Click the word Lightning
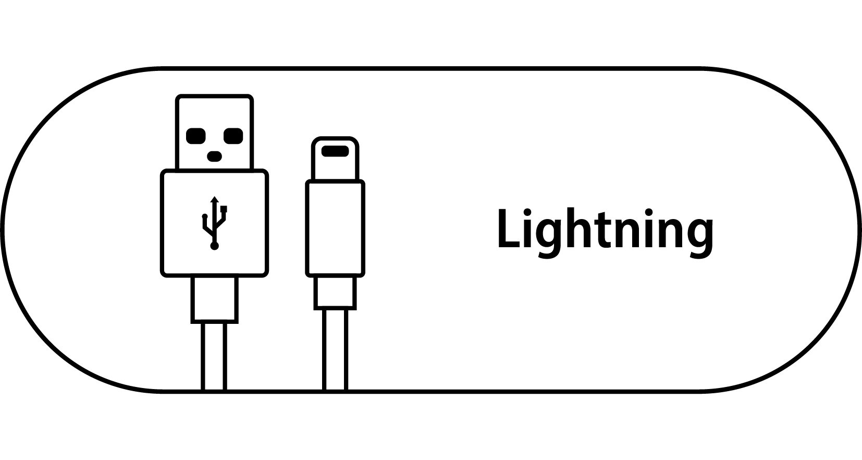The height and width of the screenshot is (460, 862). pyautogui.click(x=605, y=229)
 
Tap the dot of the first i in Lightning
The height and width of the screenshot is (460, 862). pyautogui.click(x=527, y=212)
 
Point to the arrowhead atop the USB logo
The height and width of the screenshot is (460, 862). pyautogui.click(x=214, y=199)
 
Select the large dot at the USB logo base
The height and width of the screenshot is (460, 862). pyautogui.click(x=214, y=246)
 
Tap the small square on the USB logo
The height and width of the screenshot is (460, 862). pyautogui.click(x=224, y=209)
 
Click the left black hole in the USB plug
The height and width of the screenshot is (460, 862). pyautogui.click(x=195, y=136)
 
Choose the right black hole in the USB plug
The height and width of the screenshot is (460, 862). pyautogui.click(x=233, y=136)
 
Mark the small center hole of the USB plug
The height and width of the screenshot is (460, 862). pyautogui.click(x=214, y=156)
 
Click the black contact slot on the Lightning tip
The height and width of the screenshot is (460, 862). pyautogui.click(x=335, y=151)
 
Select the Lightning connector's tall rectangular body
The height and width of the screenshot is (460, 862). pyautogui.click(x=335, y=228)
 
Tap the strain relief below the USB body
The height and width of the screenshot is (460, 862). pyautogui.click(x=214, y=298)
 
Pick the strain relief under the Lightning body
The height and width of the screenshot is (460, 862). pyautogui.click(x=335, y=292)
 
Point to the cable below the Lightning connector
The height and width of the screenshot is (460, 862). pyautogui.click(x=335, y=349)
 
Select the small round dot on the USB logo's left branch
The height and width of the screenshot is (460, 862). pyautogui.click(x=205, y=216)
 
